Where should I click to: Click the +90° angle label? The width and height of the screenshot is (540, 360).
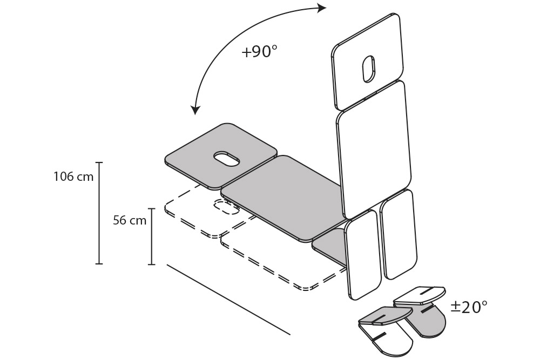(x=260, y=52)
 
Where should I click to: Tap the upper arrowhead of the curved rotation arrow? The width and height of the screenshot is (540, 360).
(x=322, y=8)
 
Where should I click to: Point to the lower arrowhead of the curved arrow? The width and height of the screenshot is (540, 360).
(x=195, y=110)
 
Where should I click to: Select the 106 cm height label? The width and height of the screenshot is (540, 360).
(x=73, y=176)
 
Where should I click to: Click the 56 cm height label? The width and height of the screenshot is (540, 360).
(x=130, y=220)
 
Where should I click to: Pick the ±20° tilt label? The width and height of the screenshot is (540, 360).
(x=469, y=307)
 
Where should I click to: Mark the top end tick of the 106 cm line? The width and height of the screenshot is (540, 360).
(x=99, y=162)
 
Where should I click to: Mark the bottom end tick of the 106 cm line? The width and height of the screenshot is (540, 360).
(x=99, y=263)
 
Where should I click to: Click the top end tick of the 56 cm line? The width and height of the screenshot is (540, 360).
(x=152, y=209)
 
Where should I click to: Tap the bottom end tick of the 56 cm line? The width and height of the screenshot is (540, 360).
(x=152, y=264)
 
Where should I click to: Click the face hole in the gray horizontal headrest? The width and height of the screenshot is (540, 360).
(x=227, y=159)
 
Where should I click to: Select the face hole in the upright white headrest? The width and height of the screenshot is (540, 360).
(x=368, y=69)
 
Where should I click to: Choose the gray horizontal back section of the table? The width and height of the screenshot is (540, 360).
(x=283, y=194)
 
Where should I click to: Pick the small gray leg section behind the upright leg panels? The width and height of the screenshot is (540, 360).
(x=329, y=246)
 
